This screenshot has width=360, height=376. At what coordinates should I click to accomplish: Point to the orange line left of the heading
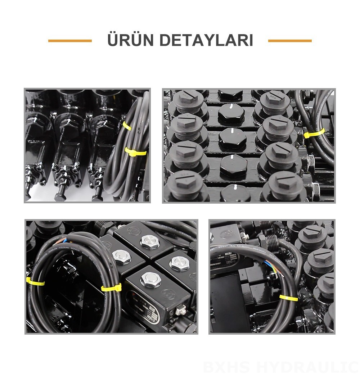pos(70,41)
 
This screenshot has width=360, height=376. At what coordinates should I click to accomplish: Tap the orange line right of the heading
pos(290,41)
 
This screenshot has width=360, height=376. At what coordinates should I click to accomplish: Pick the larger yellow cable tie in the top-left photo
pos(136,152)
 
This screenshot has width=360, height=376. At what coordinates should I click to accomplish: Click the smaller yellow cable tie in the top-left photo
pos(127,126)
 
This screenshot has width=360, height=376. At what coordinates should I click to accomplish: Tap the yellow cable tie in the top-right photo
pos(314,133)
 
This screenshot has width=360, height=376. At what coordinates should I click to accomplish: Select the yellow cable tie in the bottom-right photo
pos(288,298)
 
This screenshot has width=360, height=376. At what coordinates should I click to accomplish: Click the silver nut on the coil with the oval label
pos(150,280)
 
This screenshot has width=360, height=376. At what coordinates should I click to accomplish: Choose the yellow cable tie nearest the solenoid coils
pos(111,287)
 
